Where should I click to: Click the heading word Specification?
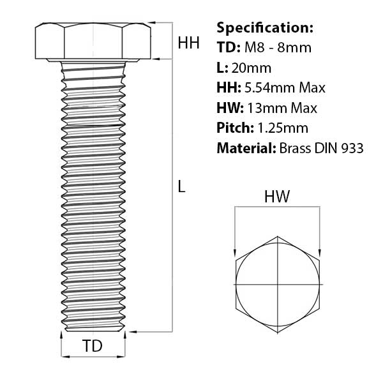point(265,28)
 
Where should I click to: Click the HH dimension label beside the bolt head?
point(188,43)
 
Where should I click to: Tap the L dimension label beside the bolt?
point(181,187)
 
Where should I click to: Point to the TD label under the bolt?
point(93,347)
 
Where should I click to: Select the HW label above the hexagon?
point(277,197)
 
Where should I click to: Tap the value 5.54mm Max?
point(284,87)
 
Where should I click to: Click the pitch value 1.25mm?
point(281,128)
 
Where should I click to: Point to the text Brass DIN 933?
point(321,148)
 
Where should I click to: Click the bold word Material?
point(246,148)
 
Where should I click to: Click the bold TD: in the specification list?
point(227,48)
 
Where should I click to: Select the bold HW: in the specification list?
point(230,108)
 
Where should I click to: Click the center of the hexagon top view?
point(278,283)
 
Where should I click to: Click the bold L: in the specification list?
point(222,68)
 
